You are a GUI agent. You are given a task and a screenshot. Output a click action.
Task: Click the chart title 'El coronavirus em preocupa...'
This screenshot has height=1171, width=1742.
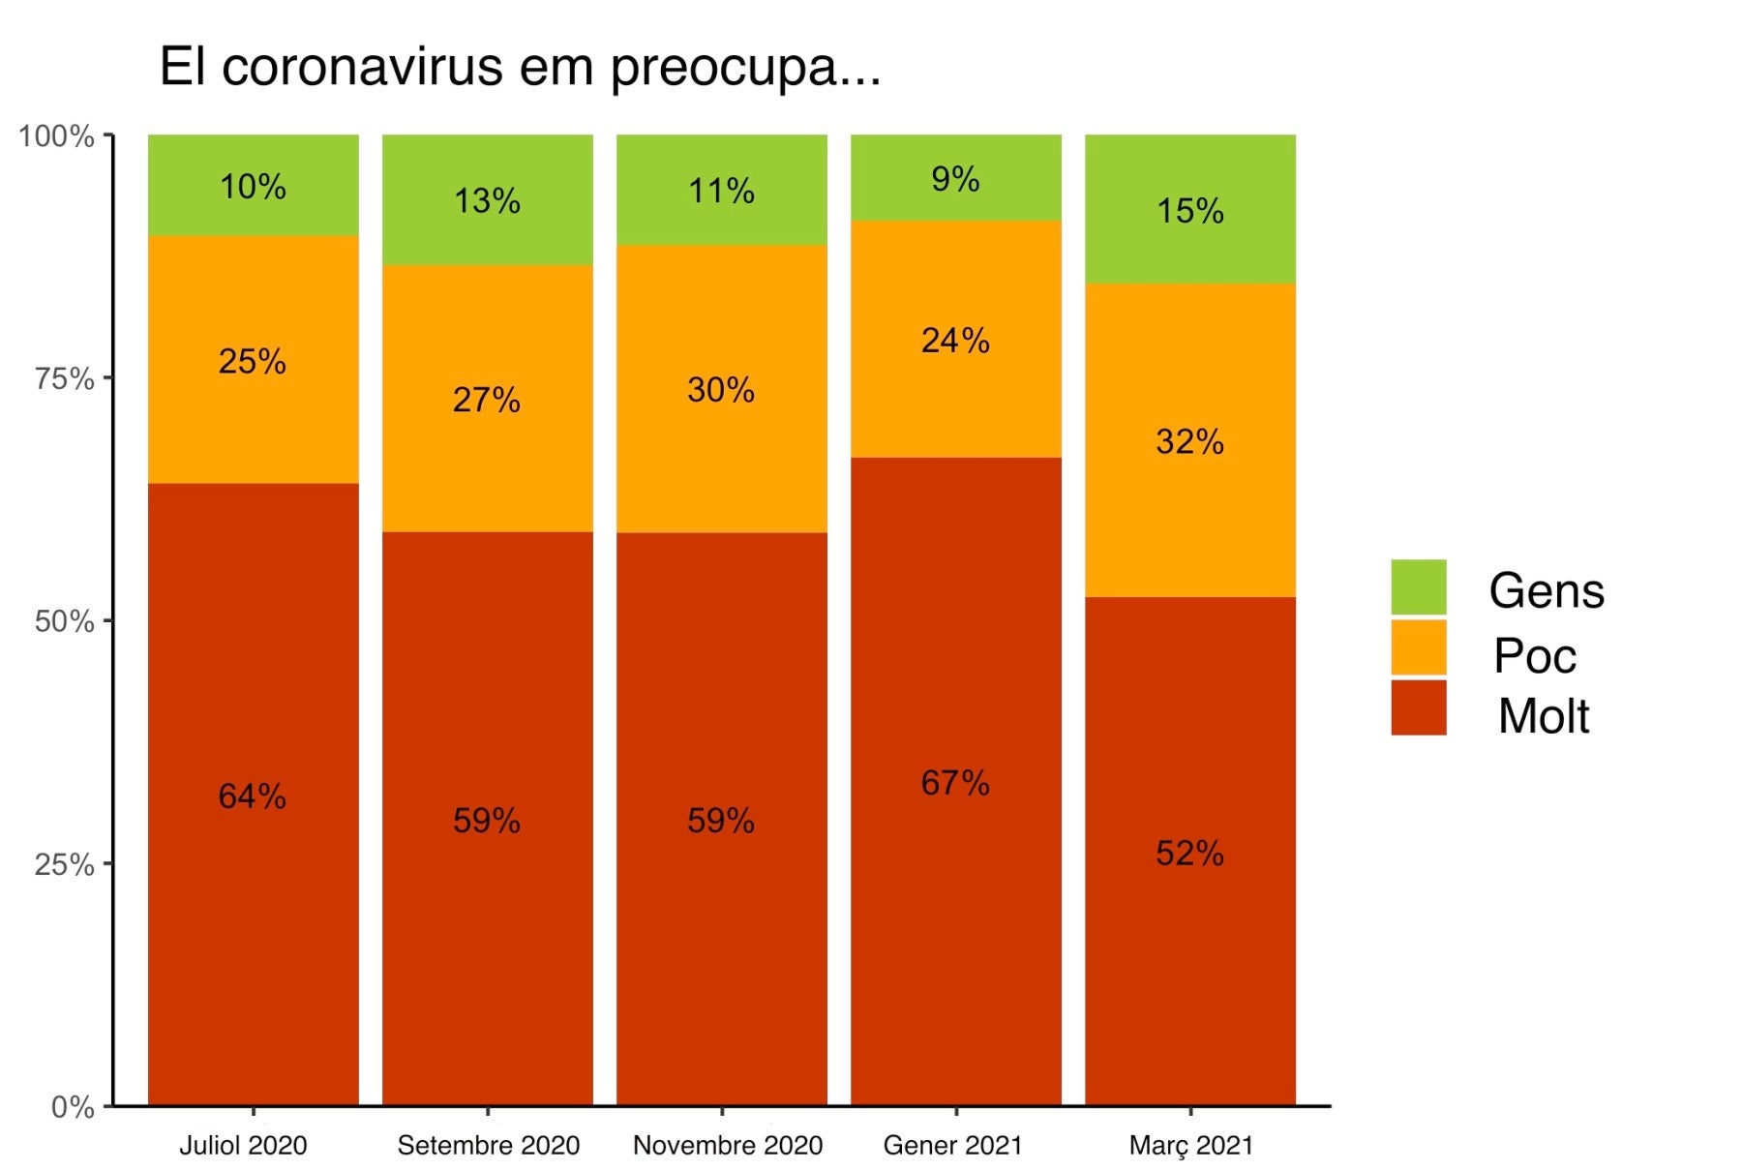pos(520,68)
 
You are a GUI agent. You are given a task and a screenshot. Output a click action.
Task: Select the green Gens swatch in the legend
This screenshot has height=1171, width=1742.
pos(1418,587)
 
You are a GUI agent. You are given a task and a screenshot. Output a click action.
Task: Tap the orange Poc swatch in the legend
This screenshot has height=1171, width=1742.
pos(1418,647)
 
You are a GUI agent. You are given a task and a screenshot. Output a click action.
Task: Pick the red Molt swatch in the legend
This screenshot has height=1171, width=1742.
pos(1418,707)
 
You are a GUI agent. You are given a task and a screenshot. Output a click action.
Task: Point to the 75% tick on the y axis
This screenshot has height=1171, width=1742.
pos(64,378)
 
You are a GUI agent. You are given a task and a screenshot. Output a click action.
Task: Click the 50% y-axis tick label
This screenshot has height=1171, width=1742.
pos(64,621)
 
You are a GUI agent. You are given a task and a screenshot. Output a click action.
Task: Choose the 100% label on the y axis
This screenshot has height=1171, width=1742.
pos(57,136)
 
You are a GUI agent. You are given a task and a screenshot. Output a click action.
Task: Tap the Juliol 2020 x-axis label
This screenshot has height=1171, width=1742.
pos(243,1146)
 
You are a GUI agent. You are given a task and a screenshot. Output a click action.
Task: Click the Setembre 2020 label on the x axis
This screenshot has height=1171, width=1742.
pos(488,1146)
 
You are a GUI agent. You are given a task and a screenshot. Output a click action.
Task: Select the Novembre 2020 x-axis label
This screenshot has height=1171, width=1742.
pos(727,1146)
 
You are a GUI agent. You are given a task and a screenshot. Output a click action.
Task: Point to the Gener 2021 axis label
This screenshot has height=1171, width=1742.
pos(952,1146)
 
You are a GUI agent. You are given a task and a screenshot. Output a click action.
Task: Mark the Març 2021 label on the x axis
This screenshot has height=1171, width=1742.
pos(1190,1146)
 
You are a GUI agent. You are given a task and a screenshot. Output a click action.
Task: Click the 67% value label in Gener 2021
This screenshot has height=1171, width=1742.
pos(955,783)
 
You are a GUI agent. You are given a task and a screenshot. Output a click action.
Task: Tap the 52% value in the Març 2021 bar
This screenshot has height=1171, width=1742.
pos(1189,854)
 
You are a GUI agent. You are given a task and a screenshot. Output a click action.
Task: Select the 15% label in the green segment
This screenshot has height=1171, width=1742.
pos(1189,211)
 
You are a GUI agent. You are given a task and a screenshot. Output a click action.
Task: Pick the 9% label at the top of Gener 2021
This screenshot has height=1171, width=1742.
pos(955,179)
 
